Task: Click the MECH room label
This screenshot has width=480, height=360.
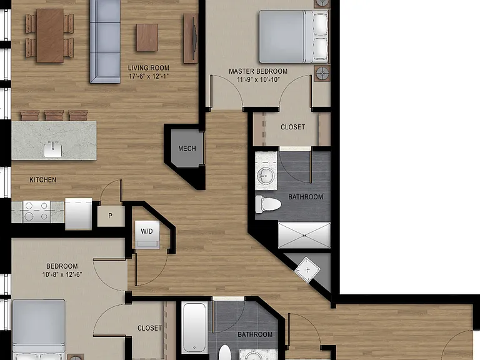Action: pyautogui.click(x=187, y=149)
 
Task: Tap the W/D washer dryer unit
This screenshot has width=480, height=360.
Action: pyautogui.click(x=147, y=234)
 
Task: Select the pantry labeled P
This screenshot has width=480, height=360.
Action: pyautogui.click(x=111, y=216)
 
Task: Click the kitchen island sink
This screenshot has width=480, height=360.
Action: pyautogui.click(x=52, y=150)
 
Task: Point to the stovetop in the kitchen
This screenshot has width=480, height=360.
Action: pyautogui.click(x=36, y=211)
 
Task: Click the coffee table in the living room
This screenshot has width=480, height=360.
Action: pyautogui.click(x=147, y=37)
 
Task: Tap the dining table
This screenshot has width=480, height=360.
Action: pyautogui.click(x=50, y=36)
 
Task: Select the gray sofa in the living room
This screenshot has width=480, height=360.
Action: pyautogui.click(x=105, y=41)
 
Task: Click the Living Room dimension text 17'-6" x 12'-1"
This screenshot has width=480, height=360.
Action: pyautogui.click(x=149, y=76)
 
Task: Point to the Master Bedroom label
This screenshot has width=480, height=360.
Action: pyautogui.click(x=258, y=71)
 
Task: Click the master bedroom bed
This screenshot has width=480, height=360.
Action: pyautogui.click(x=294, y=37)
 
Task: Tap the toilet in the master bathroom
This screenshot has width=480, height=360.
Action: pyautogui.click(x=268, y=204)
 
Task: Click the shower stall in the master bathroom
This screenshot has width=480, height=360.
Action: pyautogui.click(x=304, y=236)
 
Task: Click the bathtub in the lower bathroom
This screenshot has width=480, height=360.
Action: pyautogui.click(x=195, y=327)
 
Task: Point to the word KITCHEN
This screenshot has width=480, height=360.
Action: pyautogui.click(x=43, y=180)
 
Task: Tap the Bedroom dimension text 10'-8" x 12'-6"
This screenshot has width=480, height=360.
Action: pyautogui.click(x=62, y=274)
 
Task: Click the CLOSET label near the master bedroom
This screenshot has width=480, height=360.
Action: pyautogui.click(x=292, y=127)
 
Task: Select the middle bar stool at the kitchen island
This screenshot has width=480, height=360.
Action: pyautogui.click(x=54, y=116)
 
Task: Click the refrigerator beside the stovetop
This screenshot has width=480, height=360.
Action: pyautogui.click(x=78, y=214)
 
